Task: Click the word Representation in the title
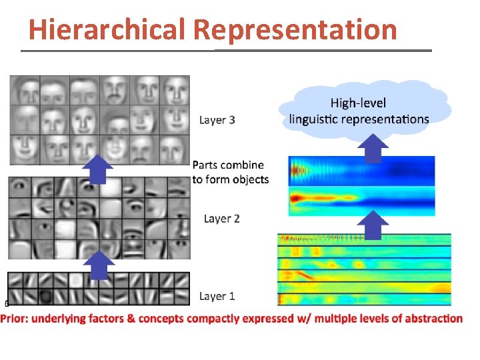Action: (296, 29)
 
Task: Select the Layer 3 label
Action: (217, 120)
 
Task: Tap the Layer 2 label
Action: (221, 219)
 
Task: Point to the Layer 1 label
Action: (217, 296)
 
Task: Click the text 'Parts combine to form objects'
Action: (231, 172)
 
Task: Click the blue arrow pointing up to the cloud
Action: (376, 147)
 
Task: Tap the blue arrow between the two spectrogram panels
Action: (376, 224)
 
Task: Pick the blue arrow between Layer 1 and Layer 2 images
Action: (100, 265)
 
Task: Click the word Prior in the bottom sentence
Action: (15, 318)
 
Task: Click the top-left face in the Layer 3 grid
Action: (24, 89)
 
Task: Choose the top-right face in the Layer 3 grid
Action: (176, 89)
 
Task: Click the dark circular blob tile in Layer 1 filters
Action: (46, 296)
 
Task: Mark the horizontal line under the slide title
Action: (227, 51)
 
